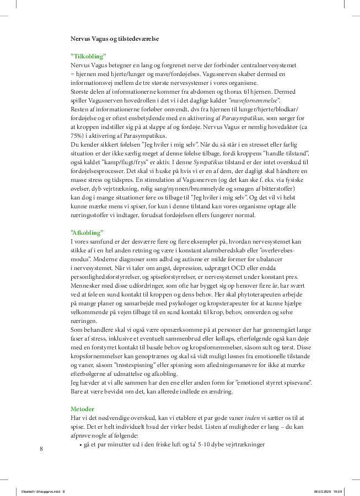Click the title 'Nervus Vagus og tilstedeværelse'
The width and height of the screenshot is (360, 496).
click(x=115, y=40)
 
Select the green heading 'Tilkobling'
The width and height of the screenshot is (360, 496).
click(x=88, y=57)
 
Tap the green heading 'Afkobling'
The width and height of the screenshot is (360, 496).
click(x=87, y=233)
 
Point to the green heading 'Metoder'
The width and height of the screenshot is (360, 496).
click(x=83, y=409)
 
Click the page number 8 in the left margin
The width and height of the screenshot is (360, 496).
click(x=41, y=449)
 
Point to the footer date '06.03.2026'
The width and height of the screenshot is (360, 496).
click(x=322, y=491)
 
